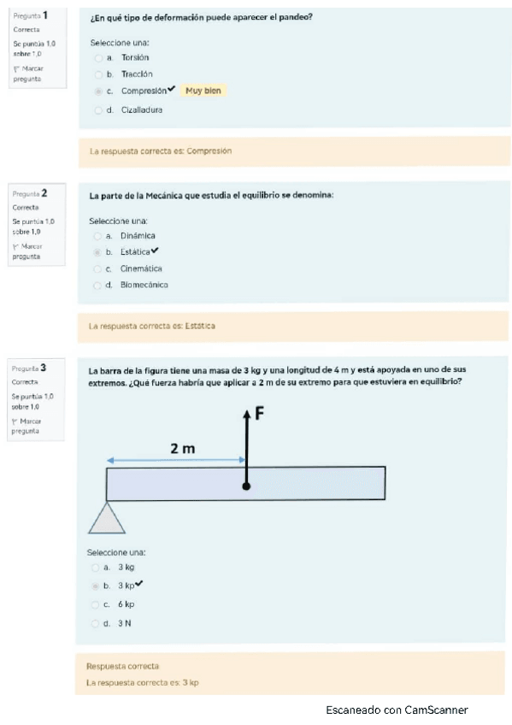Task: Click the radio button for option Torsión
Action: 99,58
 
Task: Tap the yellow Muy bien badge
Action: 203,91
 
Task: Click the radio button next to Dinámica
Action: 97,236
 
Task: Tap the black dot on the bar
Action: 246,486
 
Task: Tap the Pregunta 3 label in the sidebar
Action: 30,368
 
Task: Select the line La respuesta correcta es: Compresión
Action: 161,151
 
